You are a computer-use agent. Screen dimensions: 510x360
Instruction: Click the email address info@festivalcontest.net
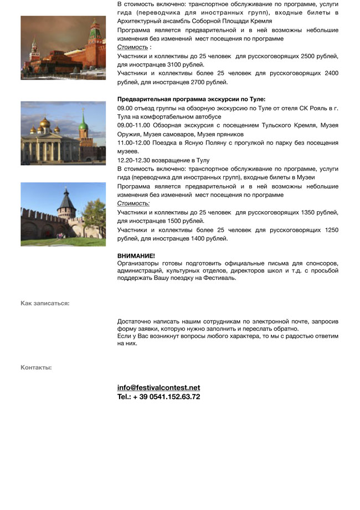tap(158, 388)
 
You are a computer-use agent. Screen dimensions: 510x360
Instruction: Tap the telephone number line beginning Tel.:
tap(158, 397)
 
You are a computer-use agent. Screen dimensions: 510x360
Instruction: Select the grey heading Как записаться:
tap(45, 303)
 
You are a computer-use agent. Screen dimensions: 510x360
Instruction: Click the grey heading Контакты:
tap(36, 368)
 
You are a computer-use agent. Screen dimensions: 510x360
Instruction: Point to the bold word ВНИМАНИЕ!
tap(136, 256)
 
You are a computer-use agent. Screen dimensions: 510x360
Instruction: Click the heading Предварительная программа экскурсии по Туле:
tap(191, 100)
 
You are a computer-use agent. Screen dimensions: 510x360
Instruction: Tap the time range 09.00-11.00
tap(133, 126)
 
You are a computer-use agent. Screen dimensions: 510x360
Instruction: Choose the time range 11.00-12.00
tap(133, 143)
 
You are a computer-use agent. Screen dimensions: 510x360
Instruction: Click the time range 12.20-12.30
tap(133, 160)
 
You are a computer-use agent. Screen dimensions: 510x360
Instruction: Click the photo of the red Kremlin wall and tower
tap(63, 48)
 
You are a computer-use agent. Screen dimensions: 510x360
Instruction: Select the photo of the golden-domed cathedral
tap(63, 133)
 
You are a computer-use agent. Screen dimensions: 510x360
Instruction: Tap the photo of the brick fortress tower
tap(63, 214)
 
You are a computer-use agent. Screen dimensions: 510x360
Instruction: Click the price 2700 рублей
tap(208, 82)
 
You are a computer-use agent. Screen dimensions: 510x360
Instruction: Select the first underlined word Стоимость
tap(132, 48)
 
